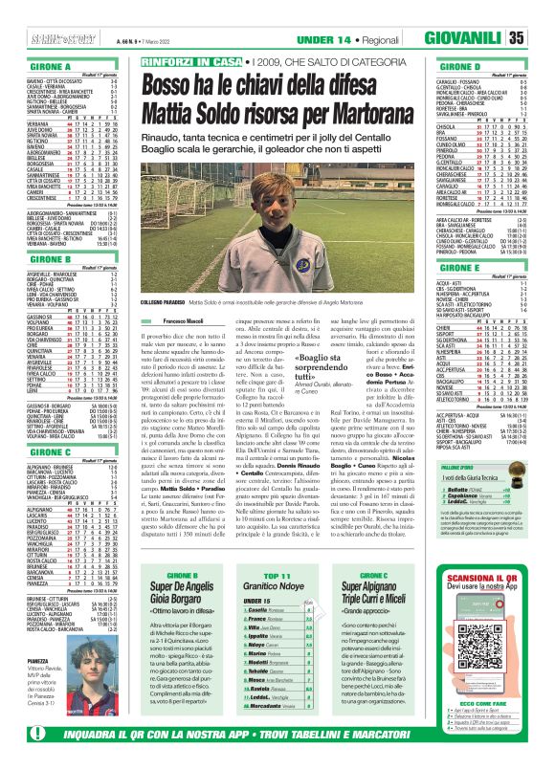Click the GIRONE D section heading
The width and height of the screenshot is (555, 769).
pos(473,68)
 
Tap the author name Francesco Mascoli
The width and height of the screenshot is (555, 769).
pos(183,320)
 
